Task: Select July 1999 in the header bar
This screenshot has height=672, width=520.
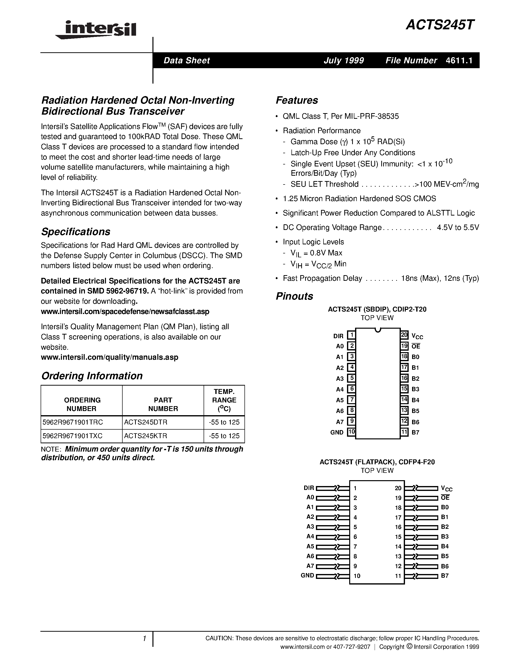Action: (344, 60)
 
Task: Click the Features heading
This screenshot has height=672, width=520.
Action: (297, 100)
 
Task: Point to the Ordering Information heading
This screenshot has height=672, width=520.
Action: (92, 376)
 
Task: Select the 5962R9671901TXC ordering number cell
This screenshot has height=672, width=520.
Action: (72, 436)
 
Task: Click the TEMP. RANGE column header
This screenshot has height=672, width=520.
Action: (224, 400)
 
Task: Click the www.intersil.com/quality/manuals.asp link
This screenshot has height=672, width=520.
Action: (109, 357)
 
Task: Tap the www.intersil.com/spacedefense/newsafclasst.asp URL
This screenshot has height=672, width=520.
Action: (125, 311)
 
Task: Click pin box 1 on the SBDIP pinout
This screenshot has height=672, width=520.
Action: (351, 335)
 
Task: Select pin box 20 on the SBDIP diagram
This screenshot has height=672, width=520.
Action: (404, 335)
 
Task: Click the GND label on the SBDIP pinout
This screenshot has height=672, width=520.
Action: (337, 432)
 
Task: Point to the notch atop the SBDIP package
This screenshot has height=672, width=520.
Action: (378, 330)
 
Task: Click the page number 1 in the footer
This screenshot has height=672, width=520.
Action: (144, 639)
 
